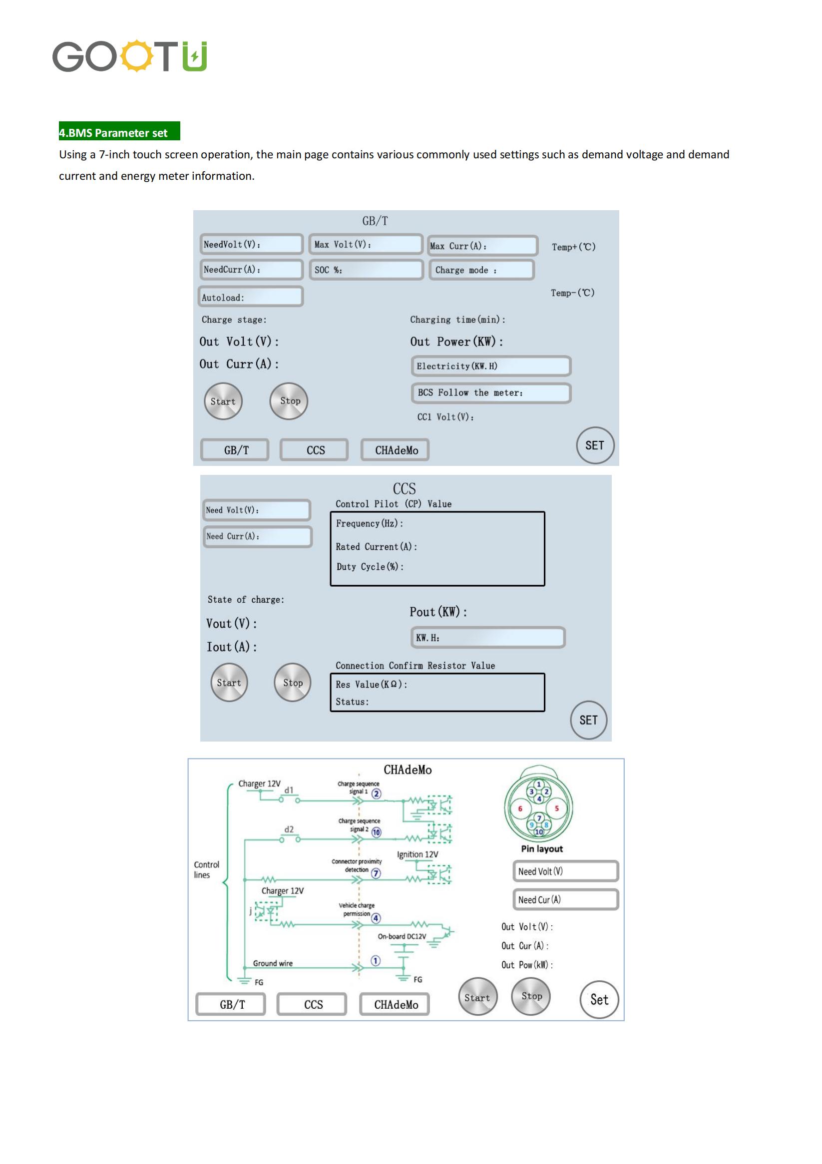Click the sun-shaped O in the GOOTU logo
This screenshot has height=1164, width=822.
[136, 56]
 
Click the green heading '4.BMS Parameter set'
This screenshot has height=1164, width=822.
[119, 131]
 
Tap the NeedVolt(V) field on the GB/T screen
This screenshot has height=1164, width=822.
[252, 244]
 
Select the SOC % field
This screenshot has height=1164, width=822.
[366, 270]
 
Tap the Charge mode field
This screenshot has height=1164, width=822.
[481, 270]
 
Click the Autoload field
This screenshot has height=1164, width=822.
[251, 297]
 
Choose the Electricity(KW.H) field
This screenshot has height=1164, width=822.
[491, 366]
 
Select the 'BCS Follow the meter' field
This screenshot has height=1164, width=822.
[491, 393]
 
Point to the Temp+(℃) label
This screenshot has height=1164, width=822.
[573, 247]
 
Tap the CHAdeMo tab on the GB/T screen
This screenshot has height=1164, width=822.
[395, 450]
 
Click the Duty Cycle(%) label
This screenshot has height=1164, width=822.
[370, 567]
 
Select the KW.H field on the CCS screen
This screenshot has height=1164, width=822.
[488, 637]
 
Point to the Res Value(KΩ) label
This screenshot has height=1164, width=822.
[371, 685]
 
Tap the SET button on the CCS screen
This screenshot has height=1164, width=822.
[588, 720]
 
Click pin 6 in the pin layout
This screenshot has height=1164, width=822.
[520, 808]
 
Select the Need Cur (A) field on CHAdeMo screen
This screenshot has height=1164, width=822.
[565, 899]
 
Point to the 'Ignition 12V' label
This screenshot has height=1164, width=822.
[417, 854]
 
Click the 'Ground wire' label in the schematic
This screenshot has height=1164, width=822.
[273, 963]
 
